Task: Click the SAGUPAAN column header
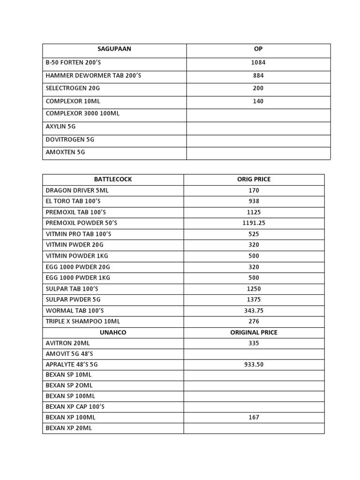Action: pyautogui.click(x=114, y=49)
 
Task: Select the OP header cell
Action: pyautogui.click(x=258, y=49)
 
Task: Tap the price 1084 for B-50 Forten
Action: pyautogui.click(x=258, y=62)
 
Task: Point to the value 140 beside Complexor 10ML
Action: pyautogui.click(x=258, y=101)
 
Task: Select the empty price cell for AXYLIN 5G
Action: pyautogui.click(x=258, y=127)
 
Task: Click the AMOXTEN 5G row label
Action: pyautogui.click(x=65, y=152)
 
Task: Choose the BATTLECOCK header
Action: pyautogui.click(x=113, y=179)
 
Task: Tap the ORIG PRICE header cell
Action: pyautogui.click(x=254, y=179)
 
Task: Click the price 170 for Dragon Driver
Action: pyautogui.click(x=254, y=190)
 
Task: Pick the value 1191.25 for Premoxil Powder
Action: pyautogui.click(x=254, y=223)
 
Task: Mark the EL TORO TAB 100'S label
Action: pyautogui.click(x=73, y=201)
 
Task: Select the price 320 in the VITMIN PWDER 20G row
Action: pyautogui.click(x=254, y=245)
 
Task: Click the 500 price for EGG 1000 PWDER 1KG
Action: pyautogui.click(x=254, y=277)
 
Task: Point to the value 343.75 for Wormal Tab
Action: pyautogui.click(x=254, y=310)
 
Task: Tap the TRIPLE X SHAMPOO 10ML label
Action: pyautogui.click(x=83, y=322)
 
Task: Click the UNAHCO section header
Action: pyautogui.click(x=113, y=332)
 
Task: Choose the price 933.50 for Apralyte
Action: pyautogui.click(x=254, y=365)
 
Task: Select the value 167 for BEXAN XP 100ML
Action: pyautogui.click(x=254, y=417)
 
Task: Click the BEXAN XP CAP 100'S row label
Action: pyautogui.click(x=75, y=406)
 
